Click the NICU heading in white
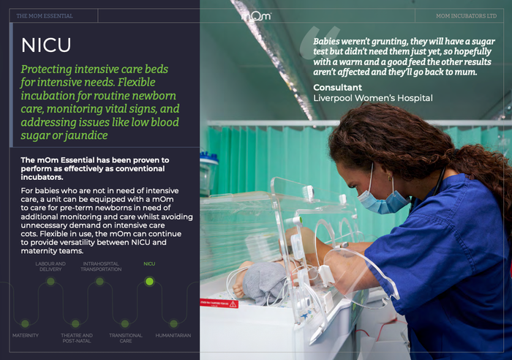coord(46,45)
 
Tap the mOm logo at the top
coord(256,15)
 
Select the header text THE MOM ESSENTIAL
coord(45,15)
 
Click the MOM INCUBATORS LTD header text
coord(466,15)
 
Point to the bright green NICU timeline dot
coord(149,281)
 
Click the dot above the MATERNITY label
coord(25,323)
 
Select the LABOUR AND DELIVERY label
coord(50,266)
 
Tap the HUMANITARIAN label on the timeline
coord(173,336)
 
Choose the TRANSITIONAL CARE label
coord(126,338)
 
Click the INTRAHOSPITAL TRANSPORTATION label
coord(101,266)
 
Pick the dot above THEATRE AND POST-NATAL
coord(75,323)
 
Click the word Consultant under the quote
coord(338,88)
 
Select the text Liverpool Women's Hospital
coord(373,98)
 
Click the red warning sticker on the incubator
coord(219,304)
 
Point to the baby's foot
coord(238,290)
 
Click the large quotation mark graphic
coord(319,42)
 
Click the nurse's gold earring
coord(390,179)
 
